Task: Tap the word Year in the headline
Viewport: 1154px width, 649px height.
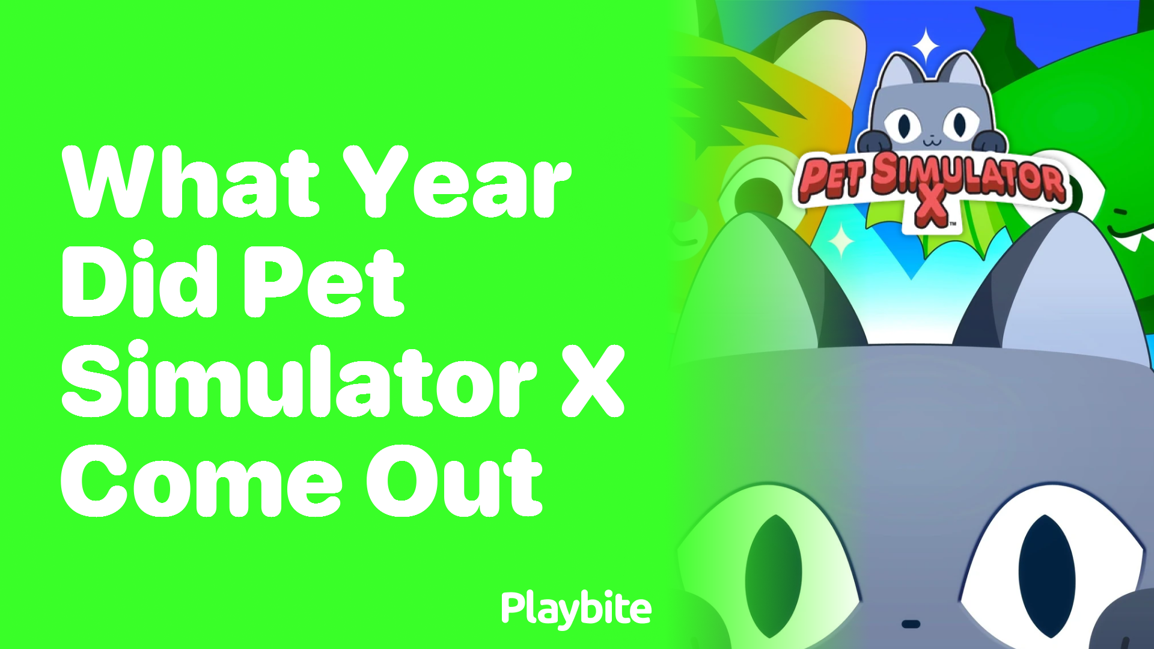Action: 457,183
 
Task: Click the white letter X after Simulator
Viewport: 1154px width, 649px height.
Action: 593,381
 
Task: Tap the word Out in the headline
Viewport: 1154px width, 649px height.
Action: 454,481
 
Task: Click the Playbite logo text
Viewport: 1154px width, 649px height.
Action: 576,609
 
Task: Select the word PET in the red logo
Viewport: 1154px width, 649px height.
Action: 833,178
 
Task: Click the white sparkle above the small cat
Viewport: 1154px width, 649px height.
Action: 926,46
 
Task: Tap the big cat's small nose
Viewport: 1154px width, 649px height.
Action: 911,624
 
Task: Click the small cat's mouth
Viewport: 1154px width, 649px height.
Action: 932,143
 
